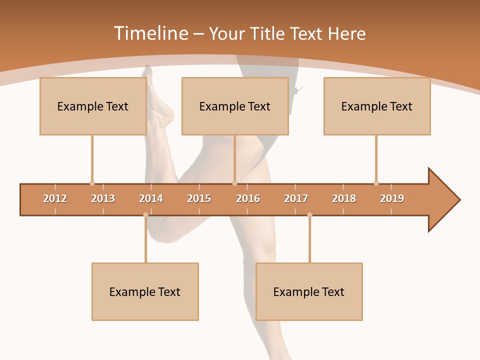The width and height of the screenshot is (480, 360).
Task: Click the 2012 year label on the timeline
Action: tap(55, 198)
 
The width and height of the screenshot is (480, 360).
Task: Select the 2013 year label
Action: tap(103, 198)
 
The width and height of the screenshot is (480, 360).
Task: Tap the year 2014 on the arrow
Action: tap(151, 198)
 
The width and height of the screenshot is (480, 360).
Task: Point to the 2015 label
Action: tap(199, 198)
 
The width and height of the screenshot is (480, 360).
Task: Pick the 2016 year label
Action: tap(248, 198)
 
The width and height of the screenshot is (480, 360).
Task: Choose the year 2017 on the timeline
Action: tap(296, 198)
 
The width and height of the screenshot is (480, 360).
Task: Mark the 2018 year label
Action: tap(344, 198)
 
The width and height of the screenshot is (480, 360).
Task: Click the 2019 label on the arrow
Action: tap(392, 198)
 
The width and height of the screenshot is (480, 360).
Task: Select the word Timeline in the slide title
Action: tap(150, 33)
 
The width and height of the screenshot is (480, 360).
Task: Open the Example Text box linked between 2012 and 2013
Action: tap(93, 106)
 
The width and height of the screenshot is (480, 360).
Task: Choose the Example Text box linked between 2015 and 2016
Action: tap(235, 106)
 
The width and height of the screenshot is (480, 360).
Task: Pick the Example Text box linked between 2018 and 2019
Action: tap(377, 106)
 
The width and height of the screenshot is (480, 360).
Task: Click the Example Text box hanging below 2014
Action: tap(145, 291)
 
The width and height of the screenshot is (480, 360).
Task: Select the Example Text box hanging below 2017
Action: tap(309, 291)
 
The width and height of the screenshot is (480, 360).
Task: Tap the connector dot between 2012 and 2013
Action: tap(92, 183)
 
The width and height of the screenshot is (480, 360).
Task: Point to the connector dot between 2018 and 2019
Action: tap(376, 183)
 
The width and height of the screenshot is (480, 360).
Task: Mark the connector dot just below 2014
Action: tap(145, 215)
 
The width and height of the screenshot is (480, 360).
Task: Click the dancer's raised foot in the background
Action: tap(158, 100)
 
